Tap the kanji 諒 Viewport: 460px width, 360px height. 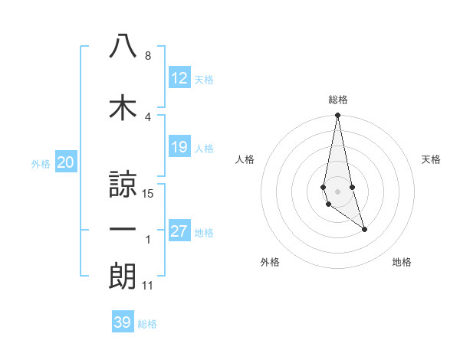coord(123,184)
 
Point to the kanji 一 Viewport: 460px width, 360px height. coord(123,229)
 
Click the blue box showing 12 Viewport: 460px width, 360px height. coord(179,77)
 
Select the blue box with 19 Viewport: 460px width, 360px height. coord(179,147)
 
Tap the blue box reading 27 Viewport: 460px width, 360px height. coord(179,231)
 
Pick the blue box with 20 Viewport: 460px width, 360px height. coord(65,162)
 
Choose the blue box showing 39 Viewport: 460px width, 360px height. coord(123,322)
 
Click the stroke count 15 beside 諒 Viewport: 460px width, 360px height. coord(149,194)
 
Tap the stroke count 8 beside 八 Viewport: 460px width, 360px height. coord(148,56)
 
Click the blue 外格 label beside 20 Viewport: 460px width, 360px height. coord(41,163)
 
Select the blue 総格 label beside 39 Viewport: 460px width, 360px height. coord(147,324)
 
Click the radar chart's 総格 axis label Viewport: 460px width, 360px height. coord(337,100)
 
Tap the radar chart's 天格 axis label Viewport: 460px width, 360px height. coord(432,159)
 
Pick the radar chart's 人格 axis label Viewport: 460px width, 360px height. coord(245,159)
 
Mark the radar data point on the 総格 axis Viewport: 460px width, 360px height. coord(337,115)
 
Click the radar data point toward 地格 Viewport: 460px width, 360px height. coord(364,229)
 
